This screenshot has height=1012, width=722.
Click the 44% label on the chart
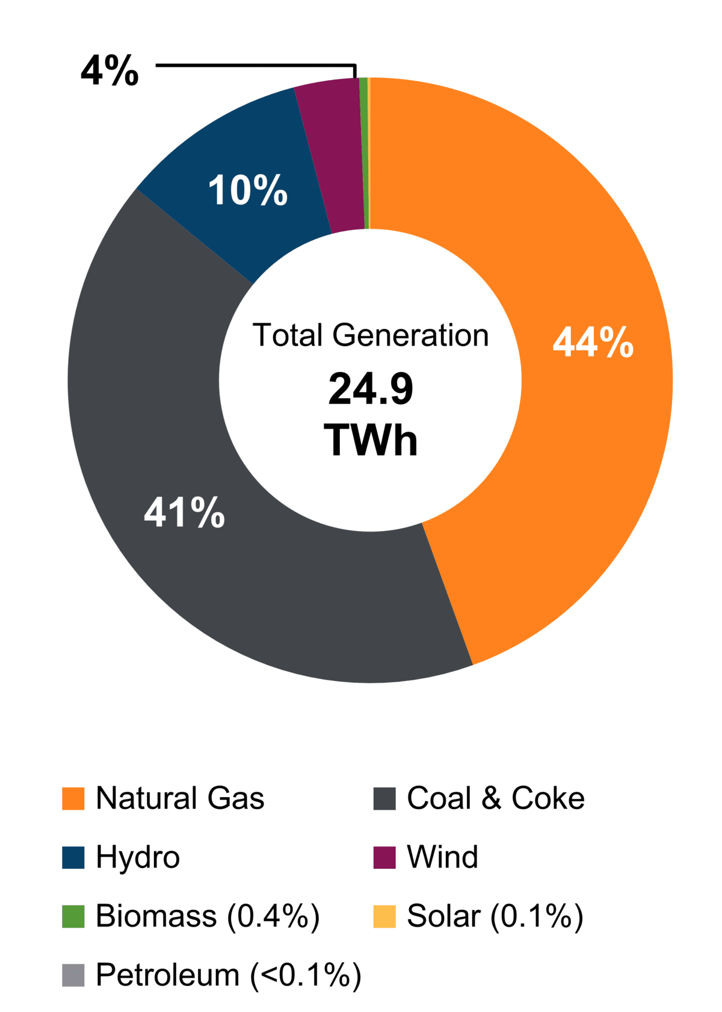coord(593,343)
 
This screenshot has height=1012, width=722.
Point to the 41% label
coord(184,513)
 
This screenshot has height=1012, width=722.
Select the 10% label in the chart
coord(247,190)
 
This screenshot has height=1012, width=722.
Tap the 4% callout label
coord(110,71)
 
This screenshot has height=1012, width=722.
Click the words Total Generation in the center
coord(370,335)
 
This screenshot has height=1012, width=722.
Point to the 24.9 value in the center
coord(371,389)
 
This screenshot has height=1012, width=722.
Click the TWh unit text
coord(371,440)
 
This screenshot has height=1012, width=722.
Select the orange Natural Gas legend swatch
coord(73,798)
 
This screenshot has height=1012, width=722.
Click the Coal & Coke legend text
coord(495,798)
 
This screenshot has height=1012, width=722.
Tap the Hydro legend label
coord(138,857)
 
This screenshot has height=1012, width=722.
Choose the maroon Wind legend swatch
coord(384,857)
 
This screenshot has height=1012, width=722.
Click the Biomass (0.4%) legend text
coord(208,916)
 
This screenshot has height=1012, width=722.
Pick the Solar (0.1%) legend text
coord(495,916)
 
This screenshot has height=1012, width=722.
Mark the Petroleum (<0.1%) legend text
coord(229,975)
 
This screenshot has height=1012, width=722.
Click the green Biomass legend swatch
coord(73,916)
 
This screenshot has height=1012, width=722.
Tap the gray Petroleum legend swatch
coord(73,975)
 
